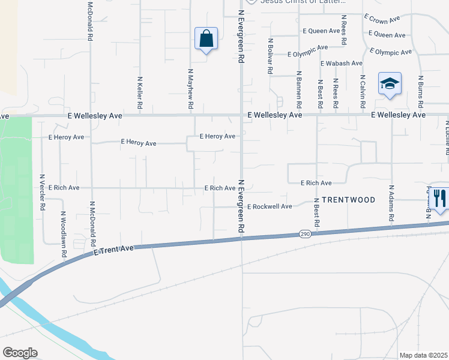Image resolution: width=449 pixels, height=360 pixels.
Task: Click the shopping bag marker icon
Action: (x=206, y=39)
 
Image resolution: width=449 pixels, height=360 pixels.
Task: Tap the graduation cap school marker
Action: (x=390, y=84)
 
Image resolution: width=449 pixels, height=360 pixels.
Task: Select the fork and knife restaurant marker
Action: (x=440, y=198)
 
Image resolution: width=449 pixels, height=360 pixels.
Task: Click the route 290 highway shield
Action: (x=304, y=233)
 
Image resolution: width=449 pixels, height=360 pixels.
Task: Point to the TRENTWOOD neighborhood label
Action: (x=348, y=200)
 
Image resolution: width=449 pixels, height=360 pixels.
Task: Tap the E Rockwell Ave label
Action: (x=270, y=206)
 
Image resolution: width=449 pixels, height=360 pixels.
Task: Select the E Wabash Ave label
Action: (x=342, y=63)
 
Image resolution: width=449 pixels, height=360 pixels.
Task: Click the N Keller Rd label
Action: (x=140, y=92)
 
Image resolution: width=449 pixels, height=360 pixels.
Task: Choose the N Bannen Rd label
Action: (x=298, y=90)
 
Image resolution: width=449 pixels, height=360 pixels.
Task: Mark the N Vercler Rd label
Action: (x=42, y=192)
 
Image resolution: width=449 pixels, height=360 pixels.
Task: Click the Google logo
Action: (x=19, y=353)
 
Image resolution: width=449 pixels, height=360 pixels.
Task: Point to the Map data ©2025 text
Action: (x=424, y=355)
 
